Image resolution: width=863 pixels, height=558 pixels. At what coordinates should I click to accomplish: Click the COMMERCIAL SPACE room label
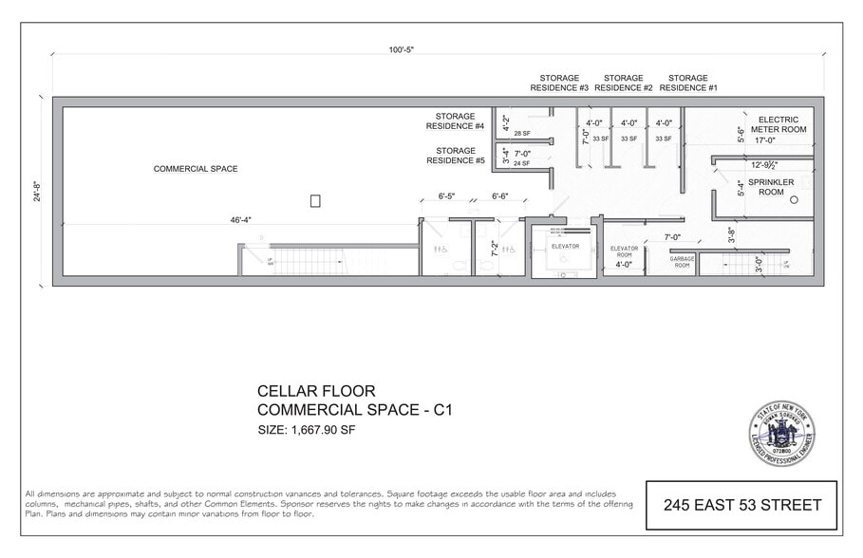click(x=196, y=169)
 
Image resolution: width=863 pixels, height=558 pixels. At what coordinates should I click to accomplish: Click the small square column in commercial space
click(x=315, y=200)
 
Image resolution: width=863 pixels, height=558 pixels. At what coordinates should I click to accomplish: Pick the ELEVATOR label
click(x=565, y=246)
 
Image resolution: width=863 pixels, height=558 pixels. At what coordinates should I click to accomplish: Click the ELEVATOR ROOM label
click(x=624, y=252)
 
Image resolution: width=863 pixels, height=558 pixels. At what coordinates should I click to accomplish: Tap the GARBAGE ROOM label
click(x=682, y=262)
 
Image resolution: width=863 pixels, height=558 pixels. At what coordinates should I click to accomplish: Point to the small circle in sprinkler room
click(x=794, y=200)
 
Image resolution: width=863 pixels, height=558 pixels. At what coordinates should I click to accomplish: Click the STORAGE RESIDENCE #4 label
click(x=455, y=121)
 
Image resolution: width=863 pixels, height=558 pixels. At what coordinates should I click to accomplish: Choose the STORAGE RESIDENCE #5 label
click(x=455, y=156)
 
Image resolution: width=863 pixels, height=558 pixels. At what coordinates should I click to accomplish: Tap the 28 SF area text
click(x=522, y=134)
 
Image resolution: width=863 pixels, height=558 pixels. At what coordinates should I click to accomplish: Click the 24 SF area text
click(x=522, y=163)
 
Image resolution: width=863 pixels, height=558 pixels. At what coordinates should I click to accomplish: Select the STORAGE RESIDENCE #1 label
click(x=687, y=83)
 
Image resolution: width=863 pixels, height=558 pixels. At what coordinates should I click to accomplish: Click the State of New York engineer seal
click(x=781, y=433)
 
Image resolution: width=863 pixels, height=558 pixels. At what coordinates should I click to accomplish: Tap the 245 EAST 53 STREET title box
click(x=741, y=505)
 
